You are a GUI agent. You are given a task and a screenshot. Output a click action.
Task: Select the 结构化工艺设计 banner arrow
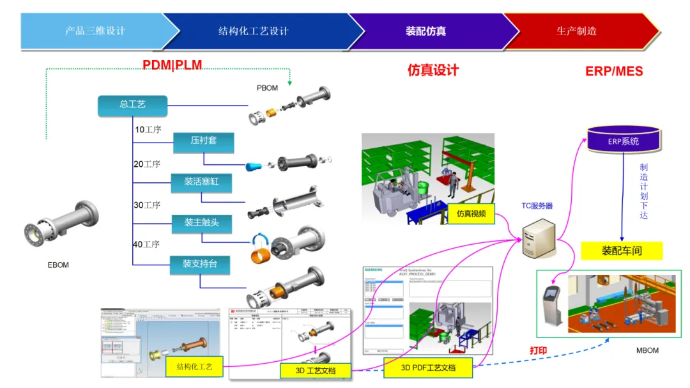click(x=254, y=31)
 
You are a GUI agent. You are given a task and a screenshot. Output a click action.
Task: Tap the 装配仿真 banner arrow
click(x=426, y=31)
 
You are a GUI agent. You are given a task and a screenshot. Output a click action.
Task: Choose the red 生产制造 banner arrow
click(x=577, y=31)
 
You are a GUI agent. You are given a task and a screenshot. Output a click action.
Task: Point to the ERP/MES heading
click(x=614, y=71)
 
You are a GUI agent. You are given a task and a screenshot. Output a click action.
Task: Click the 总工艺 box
click(x=132, y=105)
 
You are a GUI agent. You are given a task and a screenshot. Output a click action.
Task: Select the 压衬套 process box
click(x=203, y=141)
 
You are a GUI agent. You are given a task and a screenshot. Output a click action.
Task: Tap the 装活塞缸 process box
click(x=201, y=182)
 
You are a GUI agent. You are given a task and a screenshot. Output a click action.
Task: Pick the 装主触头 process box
click(x=201, y=223)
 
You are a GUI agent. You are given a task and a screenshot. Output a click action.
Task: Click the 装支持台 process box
click(x=201, y=263)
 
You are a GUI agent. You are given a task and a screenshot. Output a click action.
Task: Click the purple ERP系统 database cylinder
click(x=623, y=140)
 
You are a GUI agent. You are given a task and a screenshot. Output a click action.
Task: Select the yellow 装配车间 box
click(x=621, y=251)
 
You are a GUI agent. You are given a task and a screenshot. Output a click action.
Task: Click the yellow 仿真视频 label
click(x=471, y=213)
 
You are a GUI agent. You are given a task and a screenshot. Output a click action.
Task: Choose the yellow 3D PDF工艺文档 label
click(x=427, y=368)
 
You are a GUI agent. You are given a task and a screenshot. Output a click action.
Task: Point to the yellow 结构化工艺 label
click(x=194, y=367)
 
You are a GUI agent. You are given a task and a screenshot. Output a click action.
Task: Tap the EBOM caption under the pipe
click(x=58, y=265)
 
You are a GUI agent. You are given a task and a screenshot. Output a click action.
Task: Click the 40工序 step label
click(x=147, y=244)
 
